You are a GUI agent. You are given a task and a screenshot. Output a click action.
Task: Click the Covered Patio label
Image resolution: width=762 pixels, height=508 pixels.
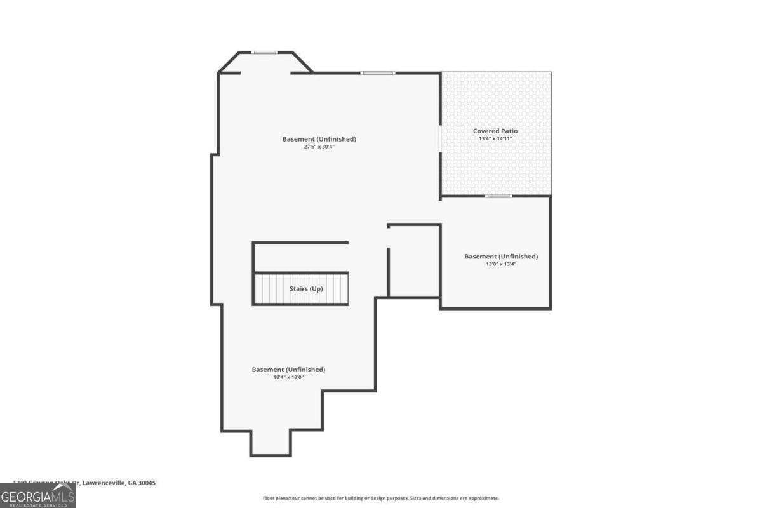pos(495,131)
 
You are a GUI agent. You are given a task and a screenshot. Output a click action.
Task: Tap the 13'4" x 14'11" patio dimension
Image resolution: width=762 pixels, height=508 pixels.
pos(495,138)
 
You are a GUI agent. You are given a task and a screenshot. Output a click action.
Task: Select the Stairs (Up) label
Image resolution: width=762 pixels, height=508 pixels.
pos(307,289)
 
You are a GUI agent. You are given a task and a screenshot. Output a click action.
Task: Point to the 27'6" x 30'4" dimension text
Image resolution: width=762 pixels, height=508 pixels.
pos(319,147)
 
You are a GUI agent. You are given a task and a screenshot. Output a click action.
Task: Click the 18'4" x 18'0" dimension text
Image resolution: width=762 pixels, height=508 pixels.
pos(288,377)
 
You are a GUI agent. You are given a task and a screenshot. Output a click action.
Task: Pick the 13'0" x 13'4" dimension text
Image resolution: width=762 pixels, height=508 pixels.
pos(501,264)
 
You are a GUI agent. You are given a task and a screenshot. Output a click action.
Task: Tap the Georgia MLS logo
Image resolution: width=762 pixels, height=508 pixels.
pos(37,495)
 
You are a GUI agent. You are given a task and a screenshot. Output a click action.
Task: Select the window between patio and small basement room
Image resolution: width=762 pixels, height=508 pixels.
pos(498,196)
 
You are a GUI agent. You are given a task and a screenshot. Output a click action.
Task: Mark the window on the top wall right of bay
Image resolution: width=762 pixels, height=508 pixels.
pos(378,73)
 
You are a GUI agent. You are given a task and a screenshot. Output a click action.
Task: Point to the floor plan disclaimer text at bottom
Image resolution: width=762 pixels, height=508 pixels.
pos(381,498)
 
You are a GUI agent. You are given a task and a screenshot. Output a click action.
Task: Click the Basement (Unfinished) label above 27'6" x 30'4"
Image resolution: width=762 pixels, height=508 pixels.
pos(319,139)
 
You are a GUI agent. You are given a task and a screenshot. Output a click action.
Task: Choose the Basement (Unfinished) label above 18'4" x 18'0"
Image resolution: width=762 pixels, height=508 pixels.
pos(288,370)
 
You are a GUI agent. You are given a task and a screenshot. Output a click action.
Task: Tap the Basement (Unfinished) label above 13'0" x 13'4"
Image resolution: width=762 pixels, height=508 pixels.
pos(501,257)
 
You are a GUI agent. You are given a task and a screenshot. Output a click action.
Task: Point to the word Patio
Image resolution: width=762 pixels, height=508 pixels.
pos(509,131)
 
